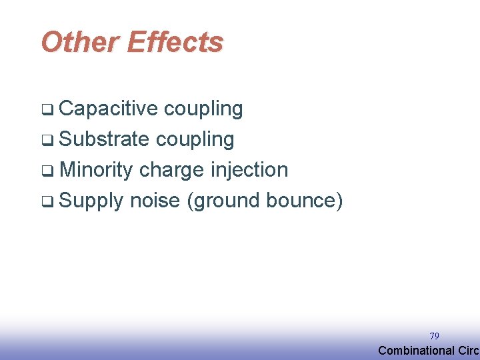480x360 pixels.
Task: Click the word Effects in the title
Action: pyautogui.click(x=175, y=42)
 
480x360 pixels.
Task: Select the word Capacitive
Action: pyautogui.click(x=108, y=109)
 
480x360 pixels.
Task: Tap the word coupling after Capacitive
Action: pyautogui.click(x=203, y=109)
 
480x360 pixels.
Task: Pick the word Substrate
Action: pyautogui.click(x=104, y=139)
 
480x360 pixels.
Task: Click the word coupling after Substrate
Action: pyautogui.click(x=195, y=139)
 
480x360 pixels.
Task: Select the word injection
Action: pyautogui.click(x=249, y=170)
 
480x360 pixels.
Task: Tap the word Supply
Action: pyautogui.click(x=91, y=200)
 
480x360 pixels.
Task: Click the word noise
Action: pyautogui.click(x=155, y=200)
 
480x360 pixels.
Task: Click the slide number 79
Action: pyautogui.click(x=434, y=336)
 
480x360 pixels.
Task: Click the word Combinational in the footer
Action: pyautogui.click(x=417, y=351)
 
